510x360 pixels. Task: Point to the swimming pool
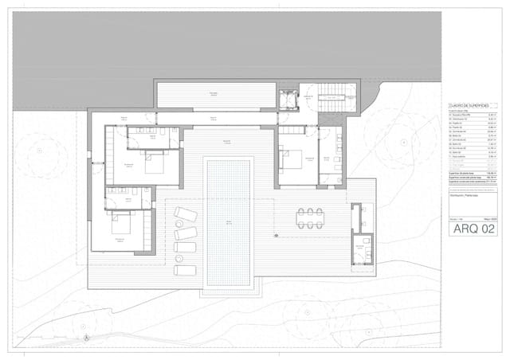pyautogui.click(x=229, y=221)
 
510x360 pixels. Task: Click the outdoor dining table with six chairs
pyautogui.click(x=311, y=217)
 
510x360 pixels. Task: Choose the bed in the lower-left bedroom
pyautogui.click(x=126, y=224)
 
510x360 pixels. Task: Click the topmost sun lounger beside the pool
pyautogui.click(x=185, y=214)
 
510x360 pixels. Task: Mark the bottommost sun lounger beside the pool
pyautogui.click(x=185, y=268)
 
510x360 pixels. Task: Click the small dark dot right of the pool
pyautogui.click(x=274, y=235)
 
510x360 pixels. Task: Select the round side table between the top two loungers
pyautogui.click(x=177, y=225)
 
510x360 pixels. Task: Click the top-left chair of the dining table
pyautogui.click(x=301, y=211)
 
